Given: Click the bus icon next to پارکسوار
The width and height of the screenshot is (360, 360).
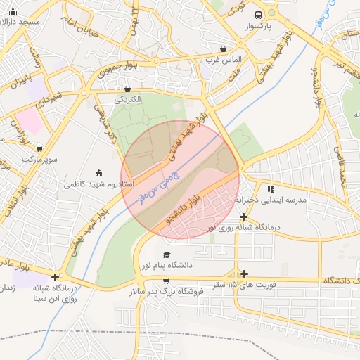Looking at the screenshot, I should click(x=259, y=15).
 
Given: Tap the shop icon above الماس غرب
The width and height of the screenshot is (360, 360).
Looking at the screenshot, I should click(x=224, y=49).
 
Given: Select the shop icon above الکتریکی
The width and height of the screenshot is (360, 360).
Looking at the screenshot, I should click(x=127, y=89).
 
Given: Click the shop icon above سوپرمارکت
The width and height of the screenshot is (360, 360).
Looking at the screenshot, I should click(x=39, y=148).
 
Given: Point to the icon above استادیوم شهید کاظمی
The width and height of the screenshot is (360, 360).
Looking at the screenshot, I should click(x=98, y=174).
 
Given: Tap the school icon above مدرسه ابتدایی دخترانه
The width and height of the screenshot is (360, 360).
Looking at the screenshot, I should click(x=271, y=189).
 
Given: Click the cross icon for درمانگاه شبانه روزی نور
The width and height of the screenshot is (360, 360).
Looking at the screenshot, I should click(x=243, y=217).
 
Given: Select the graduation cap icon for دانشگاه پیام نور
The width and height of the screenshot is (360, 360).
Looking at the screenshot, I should click(x=167, y=255).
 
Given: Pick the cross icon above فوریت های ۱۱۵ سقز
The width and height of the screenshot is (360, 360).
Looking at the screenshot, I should click(x=244, y=274).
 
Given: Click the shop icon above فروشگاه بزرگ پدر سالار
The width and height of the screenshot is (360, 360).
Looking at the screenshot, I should click(x=166, y=281).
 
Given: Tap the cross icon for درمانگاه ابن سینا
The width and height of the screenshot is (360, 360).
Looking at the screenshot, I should click(x=55, y=277).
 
